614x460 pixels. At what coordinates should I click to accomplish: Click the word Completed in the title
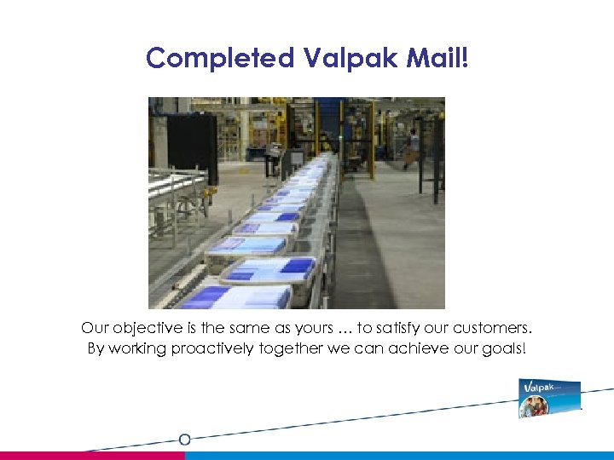[219, 58]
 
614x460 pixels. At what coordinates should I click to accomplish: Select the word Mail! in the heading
[437, 58]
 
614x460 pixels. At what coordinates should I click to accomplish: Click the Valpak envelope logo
[549, 398]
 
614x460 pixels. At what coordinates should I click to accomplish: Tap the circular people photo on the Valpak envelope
[534, 407]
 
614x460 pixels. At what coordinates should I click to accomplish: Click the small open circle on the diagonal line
[184, 440]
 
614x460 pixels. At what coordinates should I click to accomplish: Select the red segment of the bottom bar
[92, 456]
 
